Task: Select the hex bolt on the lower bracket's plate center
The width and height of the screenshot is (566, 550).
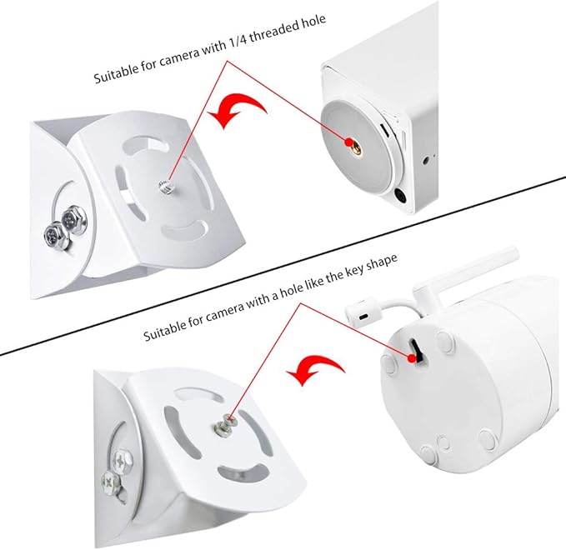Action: click(224, 426)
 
